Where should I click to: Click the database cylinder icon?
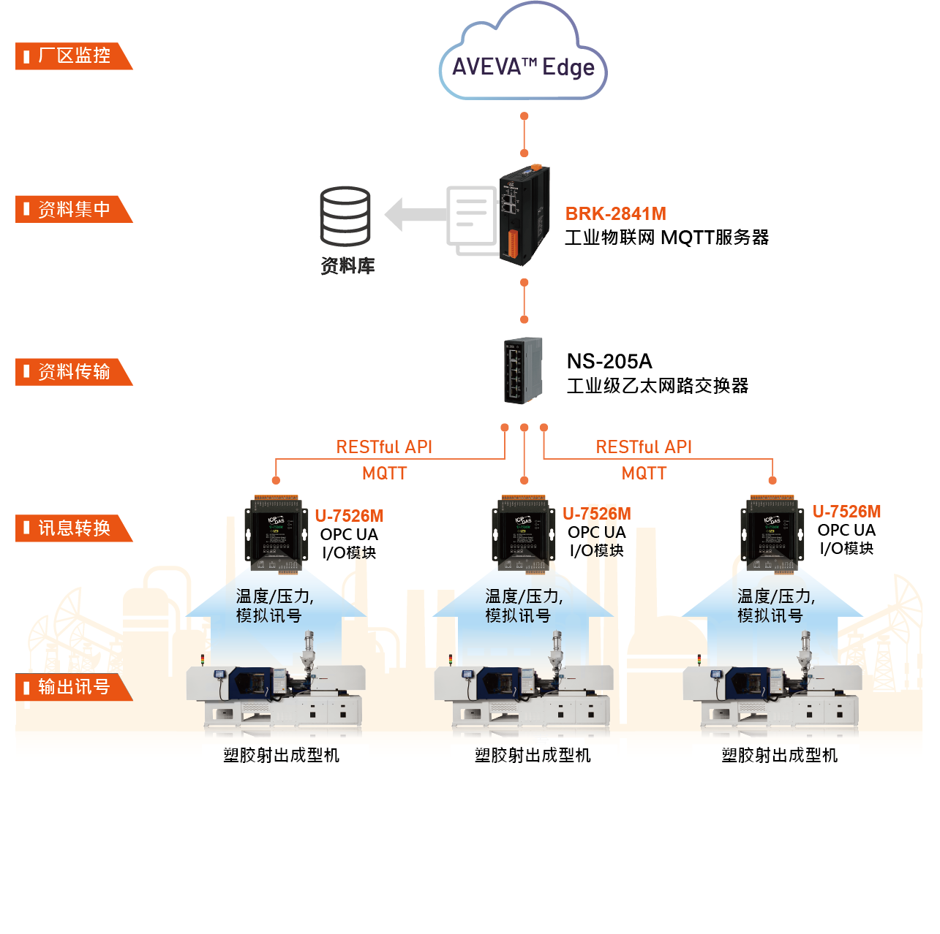(x=345, y=216)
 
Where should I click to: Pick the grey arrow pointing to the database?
(x=415, y=214)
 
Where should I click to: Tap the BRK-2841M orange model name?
(x=615, y=214)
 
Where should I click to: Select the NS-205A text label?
(x=609, y=362)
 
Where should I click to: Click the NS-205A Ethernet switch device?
(x=522, y=371)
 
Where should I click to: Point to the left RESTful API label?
(x=384, y=447)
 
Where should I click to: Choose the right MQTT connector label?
(x=644, y=474)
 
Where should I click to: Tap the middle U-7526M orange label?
(x=596, y=514)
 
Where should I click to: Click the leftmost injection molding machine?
(x=275, y=691)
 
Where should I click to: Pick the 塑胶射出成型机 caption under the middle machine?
(x=533, y=756)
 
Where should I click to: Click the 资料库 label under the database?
(x=347, y=266)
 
